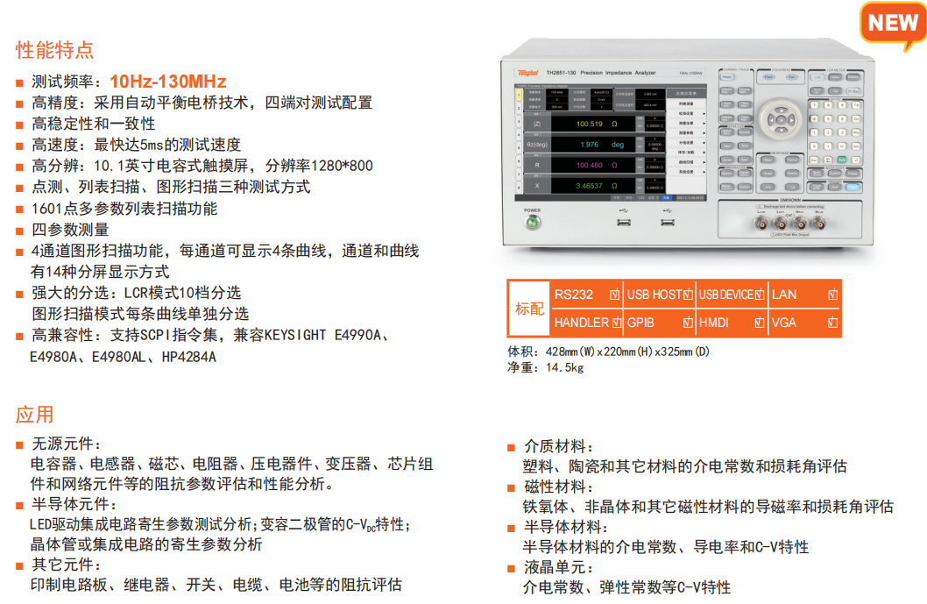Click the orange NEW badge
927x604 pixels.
tap(892, 23)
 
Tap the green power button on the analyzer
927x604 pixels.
tap(532, 223)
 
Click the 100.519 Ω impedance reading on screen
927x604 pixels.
tap(596, 124)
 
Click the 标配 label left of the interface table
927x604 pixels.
tap(529, 309)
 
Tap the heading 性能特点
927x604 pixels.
tap(54, 50)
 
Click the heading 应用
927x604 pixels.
tap(35, 415)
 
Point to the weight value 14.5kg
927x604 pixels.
tap(564, 367)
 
